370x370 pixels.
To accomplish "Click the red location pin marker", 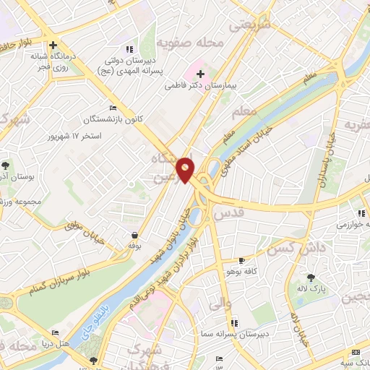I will coord(186,169).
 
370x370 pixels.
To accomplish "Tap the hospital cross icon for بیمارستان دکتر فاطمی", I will coord(201,74).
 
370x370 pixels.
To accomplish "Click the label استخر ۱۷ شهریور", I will coord(75,135).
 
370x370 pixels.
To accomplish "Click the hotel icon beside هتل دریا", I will coord(56,334).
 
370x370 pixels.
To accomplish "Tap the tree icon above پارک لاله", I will coord(311,277).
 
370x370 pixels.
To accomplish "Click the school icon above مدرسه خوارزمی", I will coord(361,213).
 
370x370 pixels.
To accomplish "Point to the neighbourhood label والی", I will coord(219,305).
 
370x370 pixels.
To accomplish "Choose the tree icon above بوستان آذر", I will coord(6,165).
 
